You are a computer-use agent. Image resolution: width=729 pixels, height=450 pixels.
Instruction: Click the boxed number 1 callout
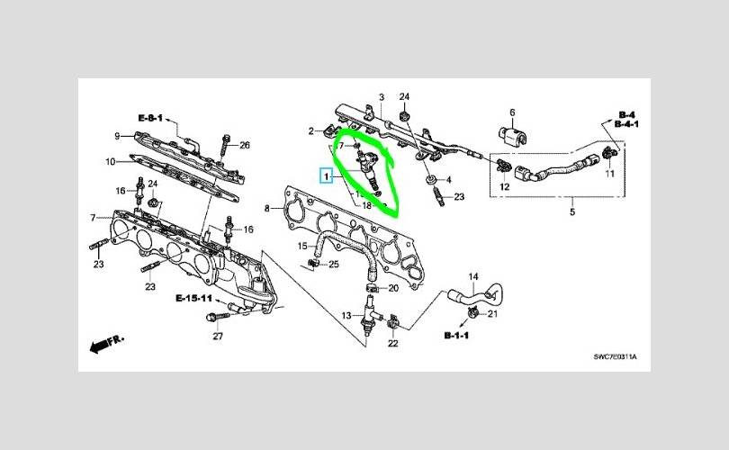coord(326,176)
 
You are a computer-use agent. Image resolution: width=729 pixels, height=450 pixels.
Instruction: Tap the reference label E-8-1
coord(150,118)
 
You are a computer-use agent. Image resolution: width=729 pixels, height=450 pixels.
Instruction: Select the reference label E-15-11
coord(194,298)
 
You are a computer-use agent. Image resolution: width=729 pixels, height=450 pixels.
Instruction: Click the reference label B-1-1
coord(456,335)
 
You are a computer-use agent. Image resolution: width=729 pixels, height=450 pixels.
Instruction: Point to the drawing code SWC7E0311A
coord(615,357)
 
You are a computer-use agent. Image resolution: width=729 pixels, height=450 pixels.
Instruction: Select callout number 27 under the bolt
coord(218,336)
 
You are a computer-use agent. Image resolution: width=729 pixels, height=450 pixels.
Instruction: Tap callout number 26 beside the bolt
coord(245,145)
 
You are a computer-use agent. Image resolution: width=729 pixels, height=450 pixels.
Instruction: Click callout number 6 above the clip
coord(512,112)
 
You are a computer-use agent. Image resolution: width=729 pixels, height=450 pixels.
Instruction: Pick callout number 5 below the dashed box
coord(572,212)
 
